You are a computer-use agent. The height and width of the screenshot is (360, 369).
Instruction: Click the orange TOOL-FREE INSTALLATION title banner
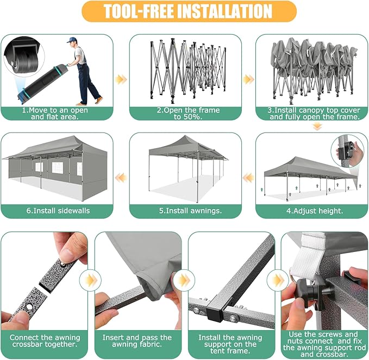[189, 11]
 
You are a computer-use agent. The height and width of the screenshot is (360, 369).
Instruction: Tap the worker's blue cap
[71, 40]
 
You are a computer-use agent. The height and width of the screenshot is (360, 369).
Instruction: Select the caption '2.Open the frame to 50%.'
[188, 113]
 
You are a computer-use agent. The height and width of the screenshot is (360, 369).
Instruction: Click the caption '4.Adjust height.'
[315, 211]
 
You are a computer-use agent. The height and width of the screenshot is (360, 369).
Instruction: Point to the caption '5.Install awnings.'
[190, 211]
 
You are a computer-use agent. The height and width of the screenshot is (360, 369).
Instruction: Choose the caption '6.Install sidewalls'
[58, 211]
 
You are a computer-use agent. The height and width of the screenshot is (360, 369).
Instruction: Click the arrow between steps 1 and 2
[121, 79]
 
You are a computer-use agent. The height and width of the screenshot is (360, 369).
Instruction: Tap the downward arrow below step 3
[317, 127]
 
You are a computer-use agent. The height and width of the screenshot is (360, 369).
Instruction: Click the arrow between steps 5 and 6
[121, 178]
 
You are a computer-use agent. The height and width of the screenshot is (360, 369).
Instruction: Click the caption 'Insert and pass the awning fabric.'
[137, 341]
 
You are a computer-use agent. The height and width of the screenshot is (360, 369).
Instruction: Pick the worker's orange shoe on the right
[99, 99]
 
